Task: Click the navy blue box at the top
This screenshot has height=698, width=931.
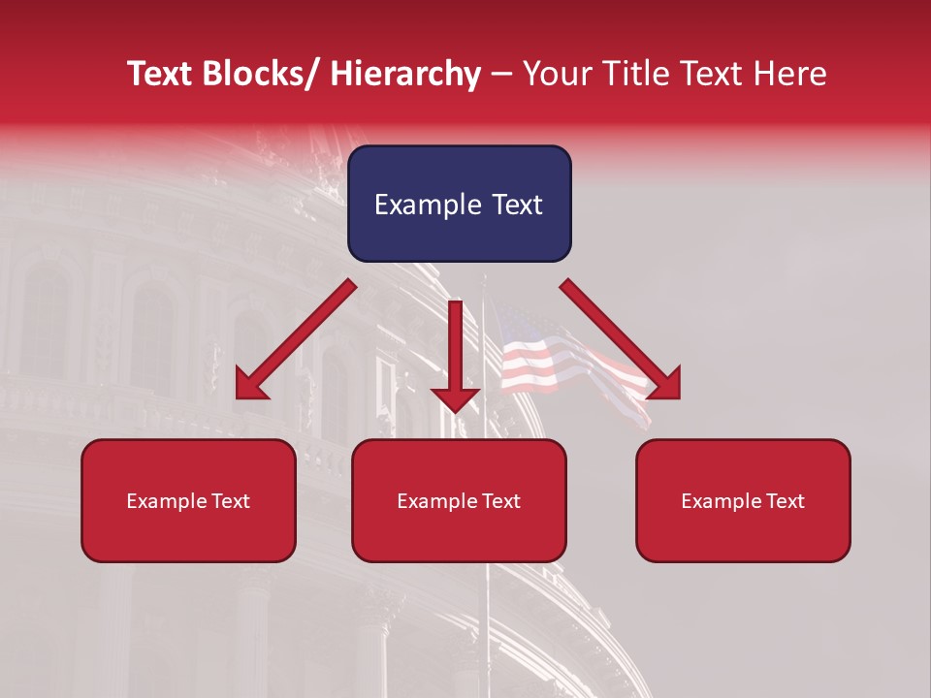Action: (459, 204)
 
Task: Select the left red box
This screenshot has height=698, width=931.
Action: (188, 500)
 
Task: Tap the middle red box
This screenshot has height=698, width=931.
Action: (459, 500)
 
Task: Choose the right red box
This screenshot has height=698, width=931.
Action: (743, 500)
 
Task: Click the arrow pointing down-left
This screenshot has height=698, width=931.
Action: (296, 339)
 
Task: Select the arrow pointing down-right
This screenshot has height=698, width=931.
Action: (621, 339)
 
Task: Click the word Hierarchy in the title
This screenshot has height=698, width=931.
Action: (405, 74)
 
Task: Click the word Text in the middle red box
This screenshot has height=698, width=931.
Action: (498, 501)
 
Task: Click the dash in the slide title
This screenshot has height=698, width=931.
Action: (501, 75)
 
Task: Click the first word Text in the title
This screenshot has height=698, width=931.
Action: (160, 74)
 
